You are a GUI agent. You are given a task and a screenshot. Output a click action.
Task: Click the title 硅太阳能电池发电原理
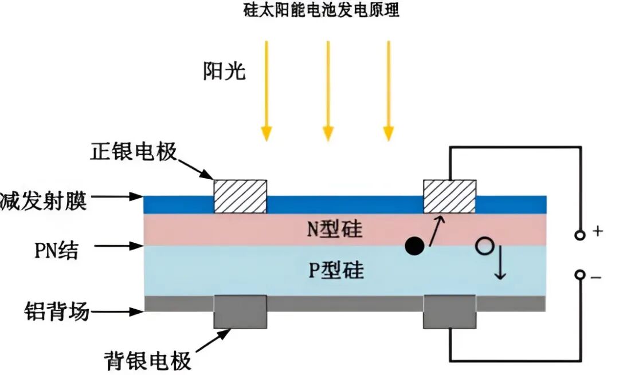pyautogui.click(x=322, y=12)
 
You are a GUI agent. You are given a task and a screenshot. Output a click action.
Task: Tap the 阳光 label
pyautogui.click(x=224, y=72)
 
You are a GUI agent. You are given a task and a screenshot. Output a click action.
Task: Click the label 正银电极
pyautogui.click(x=134, y=152)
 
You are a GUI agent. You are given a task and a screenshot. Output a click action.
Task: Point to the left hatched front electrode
pyautogui.click(x=240, y=196)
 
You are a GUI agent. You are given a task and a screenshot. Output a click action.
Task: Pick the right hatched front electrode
pyautogui.click(x=449, y=196)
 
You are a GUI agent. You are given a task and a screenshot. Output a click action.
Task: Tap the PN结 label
pyautogui.click(x=55, y=250)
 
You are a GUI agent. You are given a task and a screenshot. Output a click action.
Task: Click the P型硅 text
pyautogui.click(x=336, y=270)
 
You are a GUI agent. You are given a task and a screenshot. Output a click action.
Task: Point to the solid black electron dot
pyautogui.click(x=414, y=246)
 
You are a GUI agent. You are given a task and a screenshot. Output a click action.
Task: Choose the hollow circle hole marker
pyautogui.click(x=484, y=247)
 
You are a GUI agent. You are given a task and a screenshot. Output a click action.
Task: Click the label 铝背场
pyautogui.click(x=57, y=313)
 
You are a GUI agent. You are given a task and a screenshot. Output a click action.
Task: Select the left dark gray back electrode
pyautogui.click(x=240, y=312)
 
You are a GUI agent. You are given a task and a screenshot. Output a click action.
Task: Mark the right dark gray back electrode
pyautogui.click(x=449, y=312)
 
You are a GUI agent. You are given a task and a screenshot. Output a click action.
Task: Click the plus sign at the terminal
pyautogui.click(x=598, y=232)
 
